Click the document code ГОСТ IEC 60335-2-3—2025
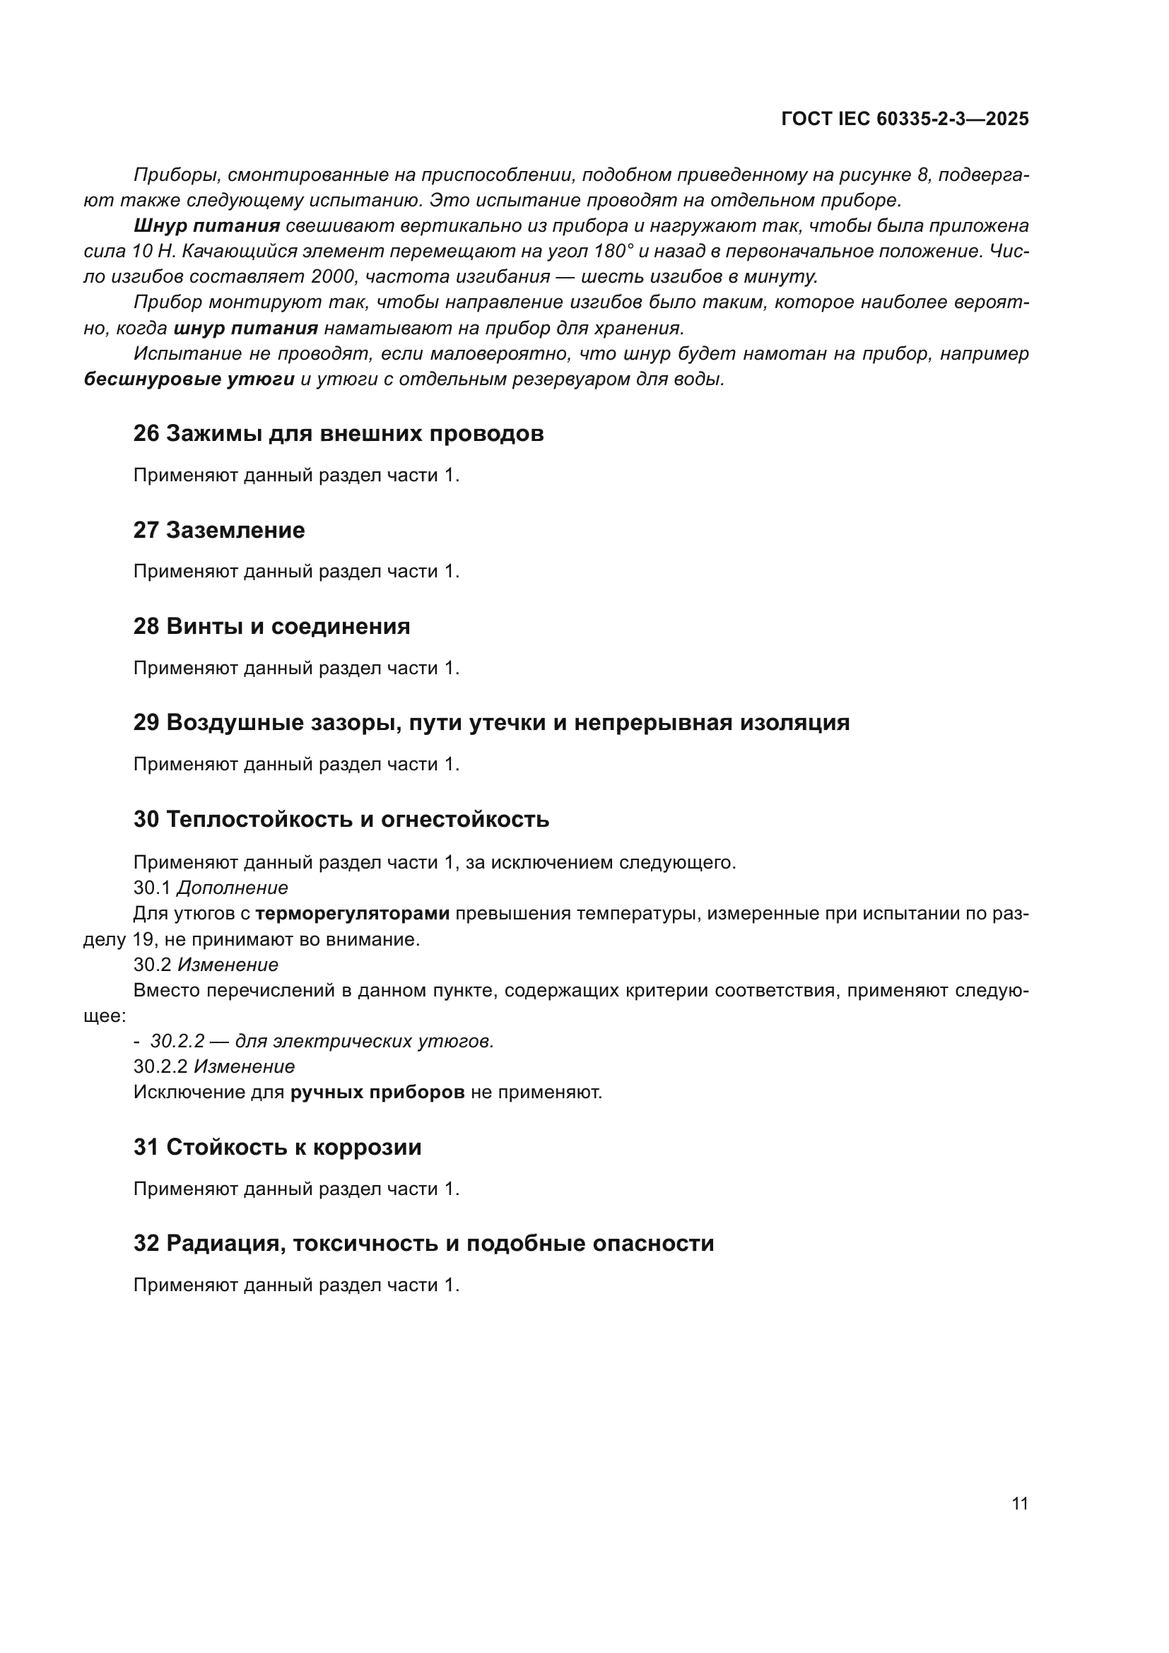point(904,119)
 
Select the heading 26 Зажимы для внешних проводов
point(339,433)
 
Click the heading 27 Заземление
point(219,530)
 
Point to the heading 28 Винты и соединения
point(271,625)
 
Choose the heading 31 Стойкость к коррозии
point(277,1147)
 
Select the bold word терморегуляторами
point(353,914)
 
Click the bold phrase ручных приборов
point(377,1092)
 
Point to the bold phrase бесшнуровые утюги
point(189,379)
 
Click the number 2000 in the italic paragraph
point(336,276)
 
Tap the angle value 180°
point(615,252)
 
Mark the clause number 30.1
point(152,888)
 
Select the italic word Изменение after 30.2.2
point(244,1066)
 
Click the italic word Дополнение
point(232,888)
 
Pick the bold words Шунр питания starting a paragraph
point(206,225)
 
